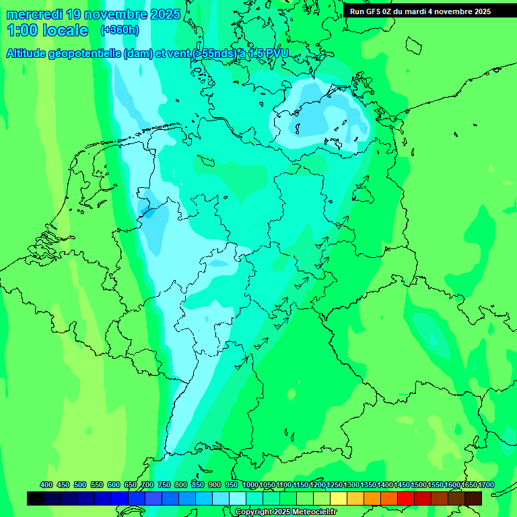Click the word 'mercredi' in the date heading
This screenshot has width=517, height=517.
tap(34, 14)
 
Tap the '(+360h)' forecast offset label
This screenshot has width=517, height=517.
tap(120, 30)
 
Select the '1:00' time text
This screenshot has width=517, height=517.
tap(22, 30)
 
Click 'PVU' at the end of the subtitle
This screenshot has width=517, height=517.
tap(276, 54)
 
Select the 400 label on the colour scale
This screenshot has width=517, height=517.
tap(46, 485)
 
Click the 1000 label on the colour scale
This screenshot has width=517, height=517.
tap(250, 485)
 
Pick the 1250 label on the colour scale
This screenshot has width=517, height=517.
tap(335, 485)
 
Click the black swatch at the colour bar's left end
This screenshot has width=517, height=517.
tap(36, 498)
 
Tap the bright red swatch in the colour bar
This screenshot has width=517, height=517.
tap(406, 498)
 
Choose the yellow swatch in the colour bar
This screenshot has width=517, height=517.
tap(339, 498)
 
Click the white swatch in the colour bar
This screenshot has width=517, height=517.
tap(238, 498)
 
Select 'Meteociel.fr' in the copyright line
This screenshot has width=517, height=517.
tap(311, 512)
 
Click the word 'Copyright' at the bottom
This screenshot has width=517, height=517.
tap(255, 512)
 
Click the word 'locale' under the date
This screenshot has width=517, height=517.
tap(65, 30)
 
